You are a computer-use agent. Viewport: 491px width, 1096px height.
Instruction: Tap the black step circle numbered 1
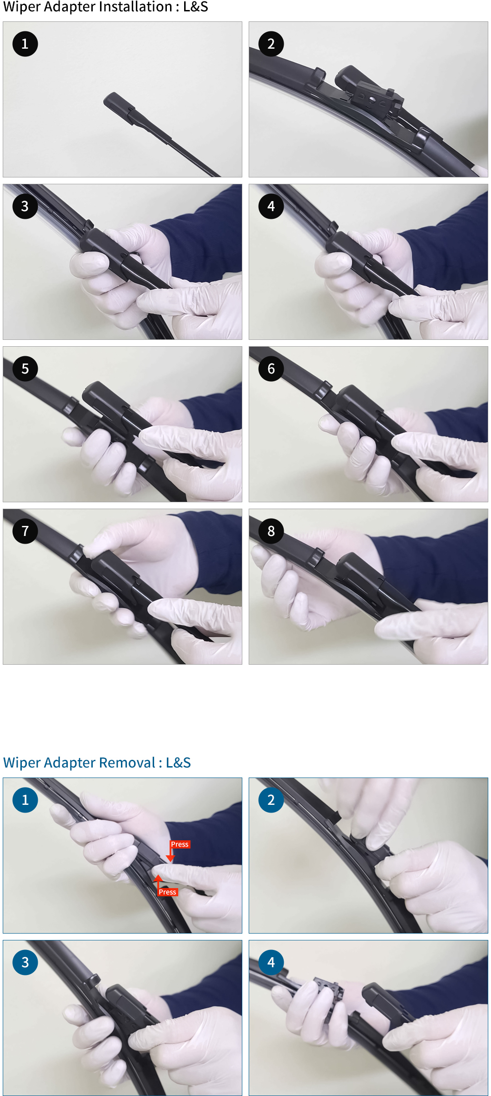pyautogui.click(x=25, y=44)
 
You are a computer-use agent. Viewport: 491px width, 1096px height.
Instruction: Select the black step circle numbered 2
pyautogui.click(x=271, y=44)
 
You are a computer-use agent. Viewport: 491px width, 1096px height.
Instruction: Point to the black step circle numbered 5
pyautogui.click(x=25, y=369)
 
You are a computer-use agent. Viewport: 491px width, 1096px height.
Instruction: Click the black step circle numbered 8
pyautogui.click(x=271, y=531)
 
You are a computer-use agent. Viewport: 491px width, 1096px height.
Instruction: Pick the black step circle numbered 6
pyautogui.click(x=271, y=369)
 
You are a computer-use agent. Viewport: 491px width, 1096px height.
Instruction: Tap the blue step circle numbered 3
pyautogui.click(x=25, y=962)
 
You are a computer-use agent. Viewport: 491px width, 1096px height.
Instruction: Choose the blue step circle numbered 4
pyautogui.click(x=271, y=962)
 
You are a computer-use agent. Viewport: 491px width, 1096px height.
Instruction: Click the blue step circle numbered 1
pyautogui.click(x=25, y=800)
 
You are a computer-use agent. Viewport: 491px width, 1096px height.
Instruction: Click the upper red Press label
pyautogui.click(x=180, y=844)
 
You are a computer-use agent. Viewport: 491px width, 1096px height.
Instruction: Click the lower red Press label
pyautogui.click(x=167, y=892)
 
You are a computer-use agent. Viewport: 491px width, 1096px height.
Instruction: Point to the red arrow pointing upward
pyautogui.click(x=158, y=881)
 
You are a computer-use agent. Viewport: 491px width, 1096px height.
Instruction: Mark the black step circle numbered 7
pyautogui.click(x=25, y=531)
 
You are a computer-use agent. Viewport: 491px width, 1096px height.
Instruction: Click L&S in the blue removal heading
pyautogui.click(x=178, y=763)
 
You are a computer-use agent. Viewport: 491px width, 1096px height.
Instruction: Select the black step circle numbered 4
pyautogui.click(x=271, y=207)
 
